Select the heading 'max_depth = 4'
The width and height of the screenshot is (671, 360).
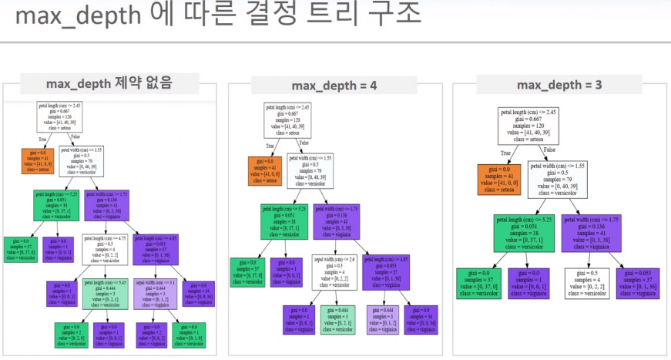point(334,86)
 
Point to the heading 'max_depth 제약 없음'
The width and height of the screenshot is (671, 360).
point(109,82)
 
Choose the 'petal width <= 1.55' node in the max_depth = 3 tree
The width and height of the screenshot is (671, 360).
point(559,177)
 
